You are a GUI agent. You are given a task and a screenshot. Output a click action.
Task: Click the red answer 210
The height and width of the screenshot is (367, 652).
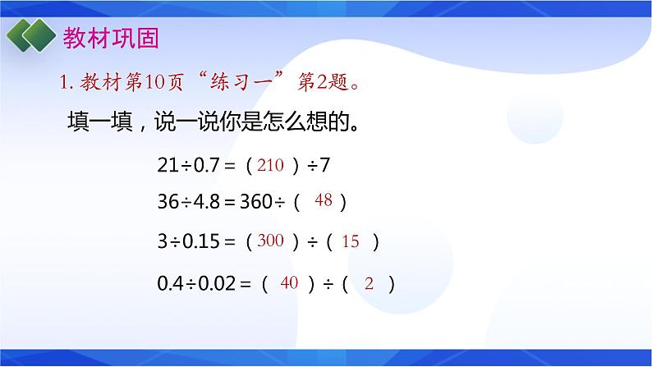(x=269, y=165)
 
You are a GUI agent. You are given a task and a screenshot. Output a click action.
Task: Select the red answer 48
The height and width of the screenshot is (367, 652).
(x=323, y=200)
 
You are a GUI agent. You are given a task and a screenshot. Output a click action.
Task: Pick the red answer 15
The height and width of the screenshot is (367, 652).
(x=351, y=241)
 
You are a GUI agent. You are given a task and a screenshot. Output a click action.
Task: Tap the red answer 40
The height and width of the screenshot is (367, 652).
(x=288, y=283)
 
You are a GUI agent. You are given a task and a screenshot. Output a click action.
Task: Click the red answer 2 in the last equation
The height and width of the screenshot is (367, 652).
(x=369, y=284)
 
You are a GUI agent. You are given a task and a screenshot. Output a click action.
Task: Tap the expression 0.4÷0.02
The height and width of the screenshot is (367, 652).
(x=197, y=284)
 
